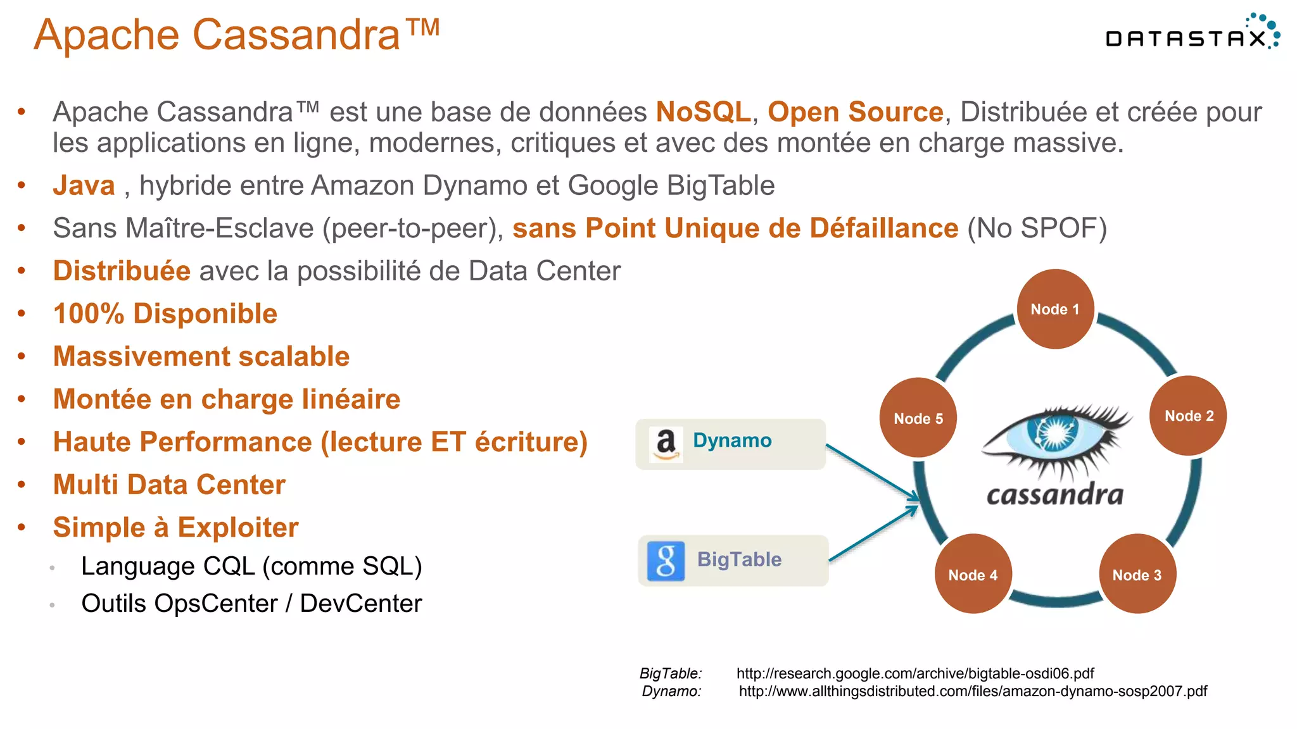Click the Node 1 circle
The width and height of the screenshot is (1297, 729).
point(1055,309)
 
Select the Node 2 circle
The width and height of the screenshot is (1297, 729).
point(1189,416)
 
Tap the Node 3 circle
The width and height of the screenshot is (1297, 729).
point(1137,575)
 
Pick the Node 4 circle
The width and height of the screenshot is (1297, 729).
point(973,575)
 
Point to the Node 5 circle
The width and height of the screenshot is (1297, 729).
point(918,418)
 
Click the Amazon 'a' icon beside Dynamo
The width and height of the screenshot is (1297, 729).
point(666,444)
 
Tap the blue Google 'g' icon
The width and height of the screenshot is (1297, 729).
point(666,561)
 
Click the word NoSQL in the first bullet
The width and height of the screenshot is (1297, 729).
point(703,112)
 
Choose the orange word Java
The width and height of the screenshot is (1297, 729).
point(84,185)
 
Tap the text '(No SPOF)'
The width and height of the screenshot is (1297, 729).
point(1037,228)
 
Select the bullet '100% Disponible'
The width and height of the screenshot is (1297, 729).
point(165,314)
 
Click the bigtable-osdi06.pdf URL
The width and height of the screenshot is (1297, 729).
point(914,673)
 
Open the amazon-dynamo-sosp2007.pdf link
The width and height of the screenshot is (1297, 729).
point(973,691)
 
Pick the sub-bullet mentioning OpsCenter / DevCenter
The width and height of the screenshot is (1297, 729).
point(251,603)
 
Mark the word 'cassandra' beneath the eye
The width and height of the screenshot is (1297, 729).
point(1055,495)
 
